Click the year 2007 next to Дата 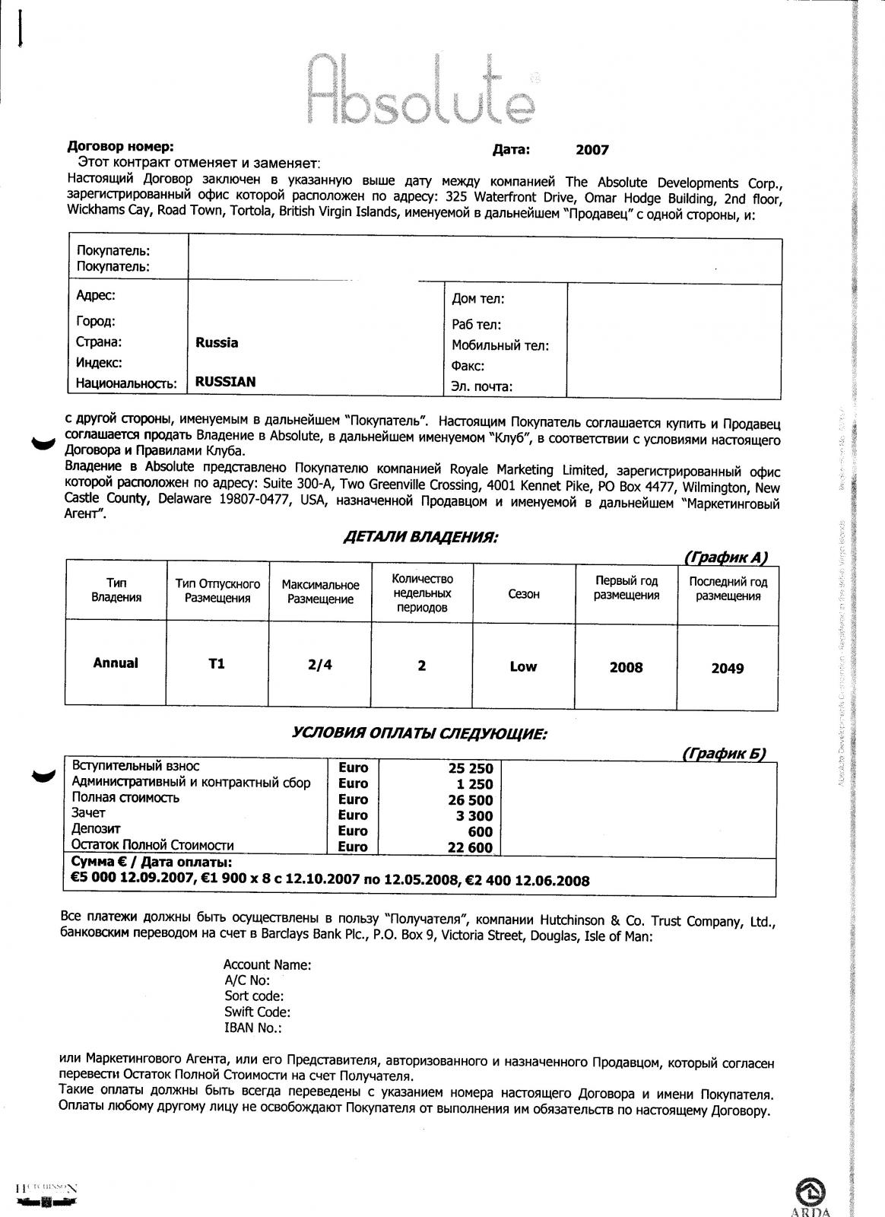592,150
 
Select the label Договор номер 121,147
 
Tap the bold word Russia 217,343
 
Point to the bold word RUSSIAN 225,382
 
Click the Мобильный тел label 500,346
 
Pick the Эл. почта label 482,386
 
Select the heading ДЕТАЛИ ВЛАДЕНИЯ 420,538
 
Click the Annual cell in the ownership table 116,663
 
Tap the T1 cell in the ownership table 217,664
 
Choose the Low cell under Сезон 523,667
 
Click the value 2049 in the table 728,669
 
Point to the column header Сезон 524,594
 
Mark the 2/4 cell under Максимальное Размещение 320,665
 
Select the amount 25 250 471,769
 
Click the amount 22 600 471,847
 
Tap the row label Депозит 96,829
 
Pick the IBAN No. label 253,1028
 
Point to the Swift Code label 257,1012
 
